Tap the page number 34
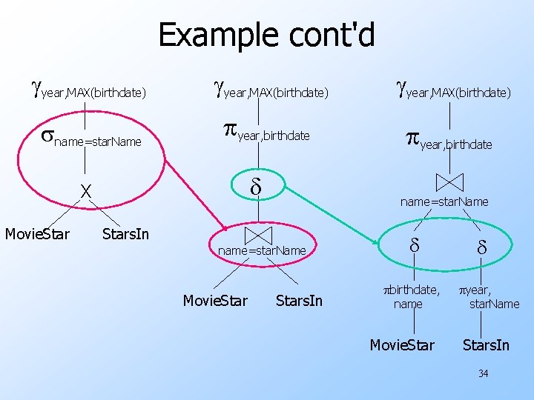coord(483,373)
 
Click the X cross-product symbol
coord(86,191)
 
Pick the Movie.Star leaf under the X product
coord(37,235)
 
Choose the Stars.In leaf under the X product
coord(125,235)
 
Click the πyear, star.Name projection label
coord(487,296)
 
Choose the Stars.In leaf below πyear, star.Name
coord(486,345)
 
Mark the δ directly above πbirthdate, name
coord(415,244)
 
